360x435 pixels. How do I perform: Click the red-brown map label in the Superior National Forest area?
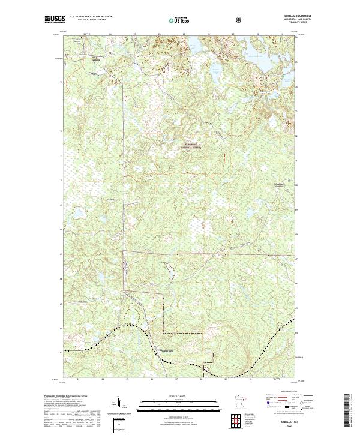pyautogui.click(x=192, y=146)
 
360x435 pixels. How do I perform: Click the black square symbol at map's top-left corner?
pyautogui.click(x=82, y=39)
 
